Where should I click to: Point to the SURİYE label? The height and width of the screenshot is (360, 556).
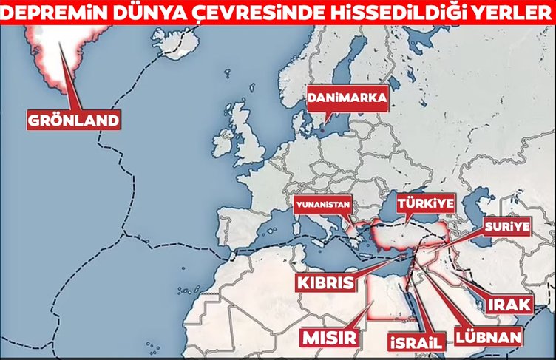pos(507,226)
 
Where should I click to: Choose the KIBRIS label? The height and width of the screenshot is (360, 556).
pos(325,283)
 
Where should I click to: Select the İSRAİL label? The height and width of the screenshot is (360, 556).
pos(415,342)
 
